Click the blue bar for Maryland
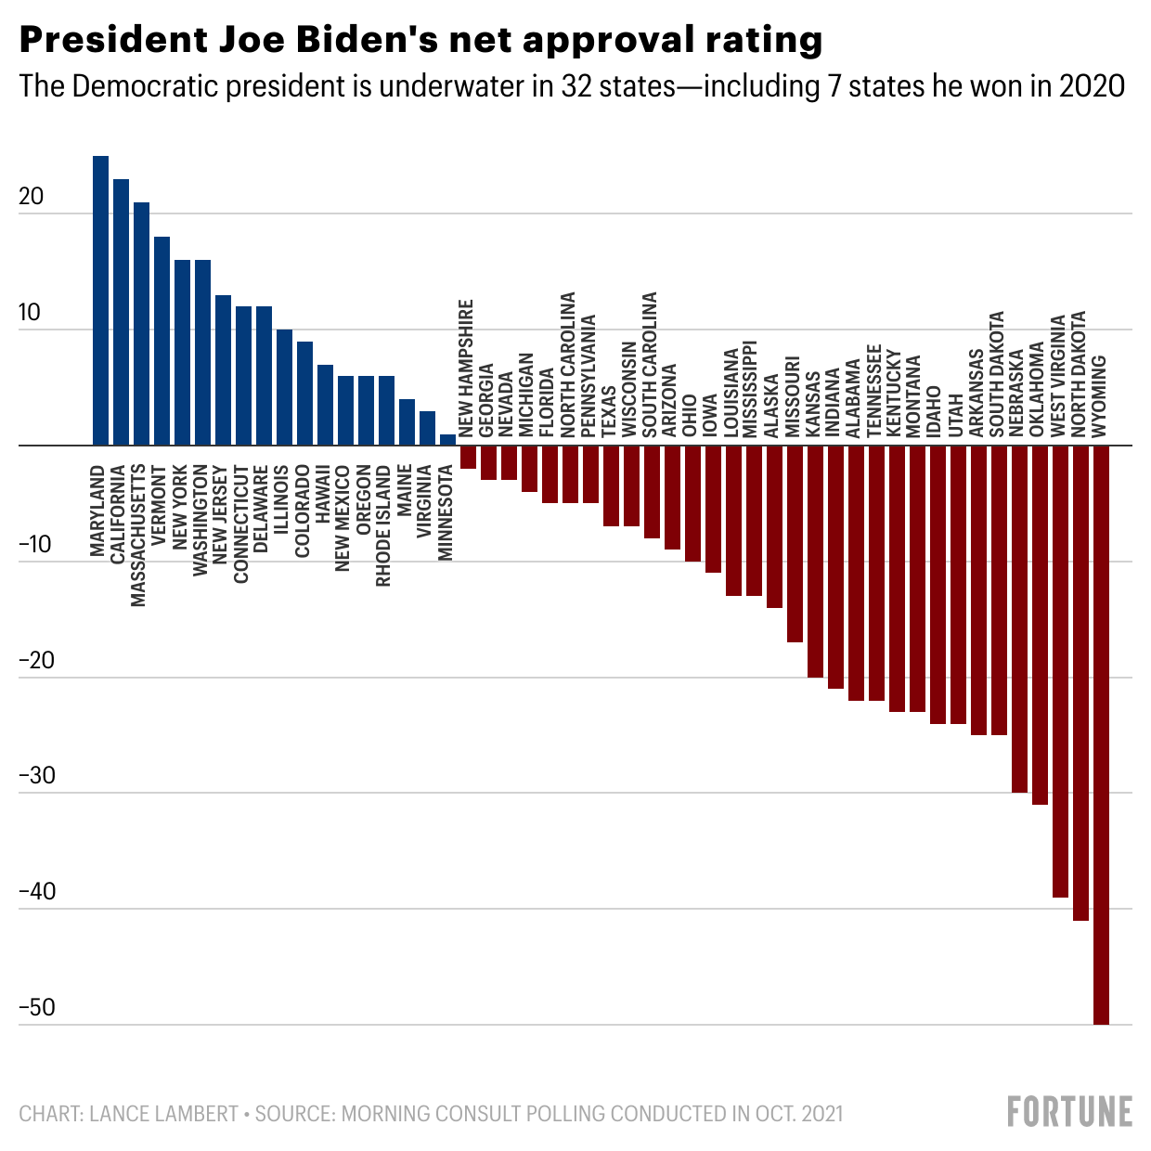[x=100, y=301]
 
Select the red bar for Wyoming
[x=1101, y=734]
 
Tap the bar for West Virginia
[x=1060, y=671]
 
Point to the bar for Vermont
[x=162, y=341]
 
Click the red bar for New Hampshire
[x=468, y=457]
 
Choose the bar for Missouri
[x=795, y=543]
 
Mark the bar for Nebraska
[x=1019, y=619]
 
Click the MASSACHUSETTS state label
[x=138, y=536]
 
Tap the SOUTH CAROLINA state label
[x=650, y=365]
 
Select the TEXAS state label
[x=610, y=410]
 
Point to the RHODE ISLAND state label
[x=383, y=525]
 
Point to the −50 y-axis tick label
[x=37, y=1008]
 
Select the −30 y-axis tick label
[x=37, y=776]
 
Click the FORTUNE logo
[x=1069, y=1111]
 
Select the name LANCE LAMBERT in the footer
[x=164, y=1113]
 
